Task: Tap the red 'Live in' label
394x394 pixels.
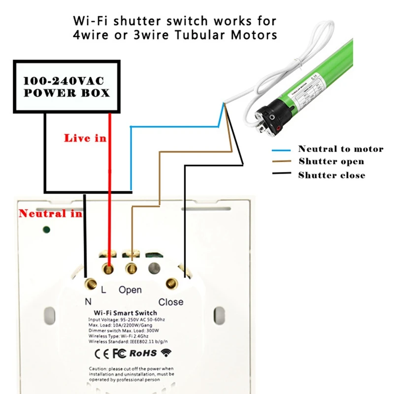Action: point(85,138)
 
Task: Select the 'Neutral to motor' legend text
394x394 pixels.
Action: point(340,149)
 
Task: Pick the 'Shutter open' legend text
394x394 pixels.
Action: point(331,162)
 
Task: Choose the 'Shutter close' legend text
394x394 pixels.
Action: point(331,175)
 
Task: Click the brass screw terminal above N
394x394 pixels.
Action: point(91,283)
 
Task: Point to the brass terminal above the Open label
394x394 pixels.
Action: point(131,268)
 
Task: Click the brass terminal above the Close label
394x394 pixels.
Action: point(171,283)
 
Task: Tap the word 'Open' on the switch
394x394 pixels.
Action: point(130,290)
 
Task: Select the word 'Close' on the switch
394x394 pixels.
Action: point(170,302)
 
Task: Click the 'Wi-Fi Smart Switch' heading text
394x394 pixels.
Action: point(125,313)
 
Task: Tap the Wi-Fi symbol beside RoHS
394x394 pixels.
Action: point(166,353)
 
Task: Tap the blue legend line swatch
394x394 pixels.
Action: point(282,149)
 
